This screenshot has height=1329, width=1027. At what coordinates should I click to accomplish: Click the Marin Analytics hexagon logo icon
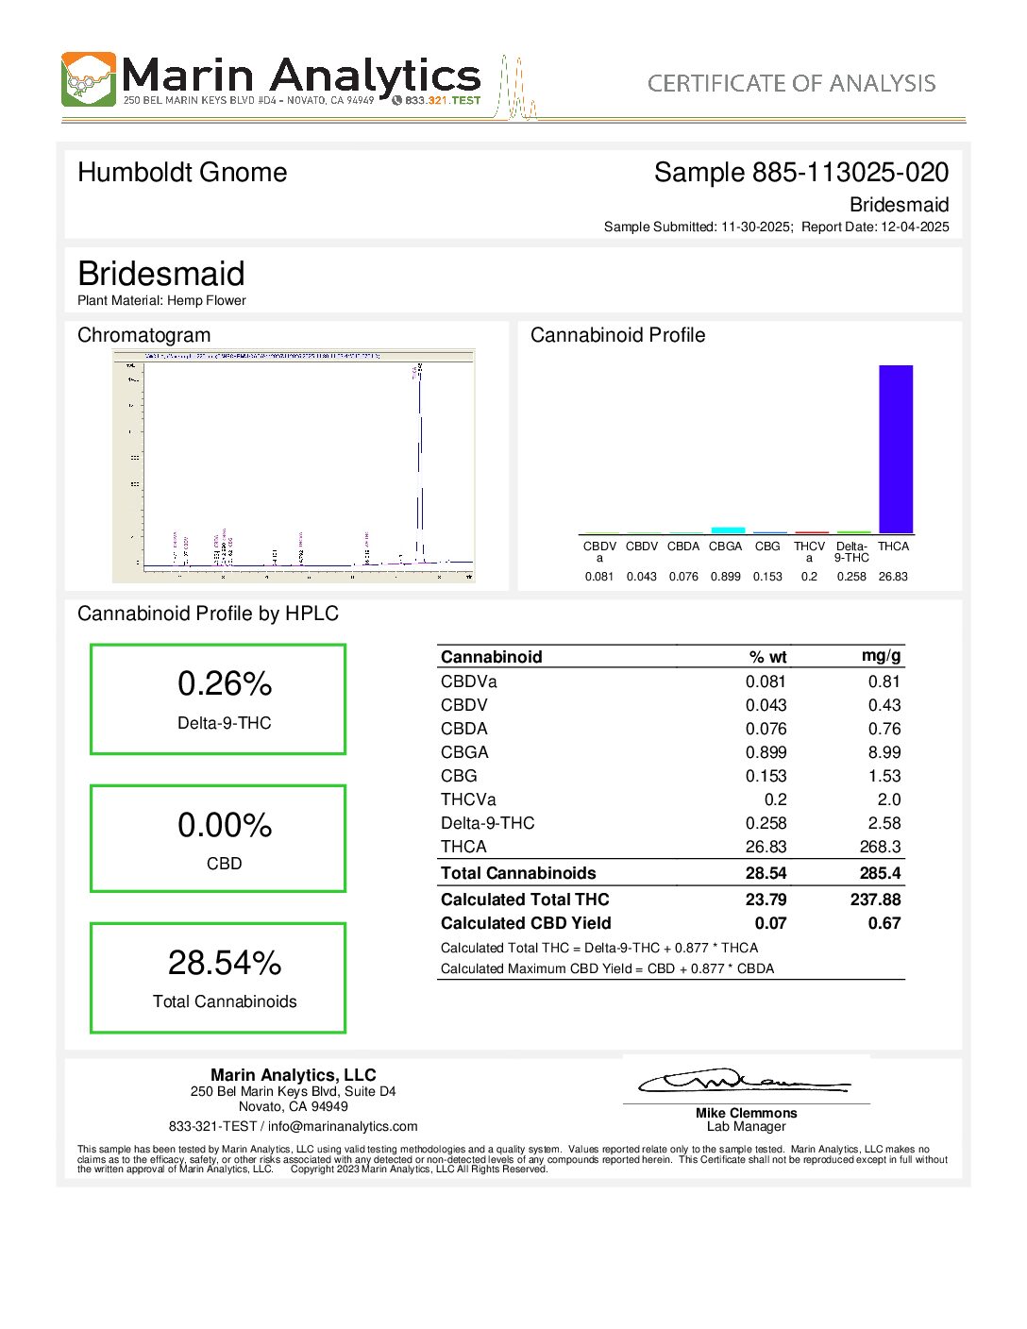[89, 79]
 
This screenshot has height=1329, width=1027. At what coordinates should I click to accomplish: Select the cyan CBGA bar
[728, 530]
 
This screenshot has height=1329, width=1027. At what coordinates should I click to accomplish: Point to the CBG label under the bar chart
[767, 547]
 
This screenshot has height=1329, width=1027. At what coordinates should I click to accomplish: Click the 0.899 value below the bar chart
[725, 577]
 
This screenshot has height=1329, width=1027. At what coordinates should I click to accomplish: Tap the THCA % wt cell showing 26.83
[766, 847]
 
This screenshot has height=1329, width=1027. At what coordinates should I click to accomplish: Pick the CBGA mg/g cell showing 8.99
[884, 752]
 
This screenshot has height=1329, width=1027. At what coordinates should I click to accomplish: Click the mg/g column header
[881, 656]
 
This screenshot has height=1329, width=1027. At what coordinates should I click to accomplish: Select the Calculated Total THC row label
[525, 900]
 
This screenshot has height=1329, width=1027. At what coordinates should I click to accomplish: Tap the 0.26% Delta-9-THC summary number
[225, 683]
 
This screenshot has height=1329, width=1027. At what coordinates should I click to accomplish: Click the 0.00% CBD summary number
[225, 825]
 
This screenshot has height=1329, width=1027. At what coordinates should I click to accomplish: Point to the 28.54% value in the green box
[225, 963]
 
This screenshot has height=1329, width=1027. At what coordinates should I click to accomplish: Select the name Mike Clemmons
[746, 1113]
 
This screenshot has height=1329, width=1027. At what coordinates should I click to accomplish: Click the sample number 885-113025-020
[850, 173]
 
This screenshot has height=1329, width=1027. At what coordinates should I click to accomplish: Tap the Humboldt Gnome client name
[182, 173]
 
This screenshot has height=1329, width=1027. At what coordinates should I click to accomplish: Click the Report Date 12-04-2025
[914, 227]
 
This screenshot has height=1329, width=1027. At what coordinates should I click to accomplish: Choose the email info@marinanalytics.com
[343, 1126]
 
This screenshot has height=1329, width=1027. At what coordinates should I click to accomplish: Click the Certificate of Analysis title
[791, 84]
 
